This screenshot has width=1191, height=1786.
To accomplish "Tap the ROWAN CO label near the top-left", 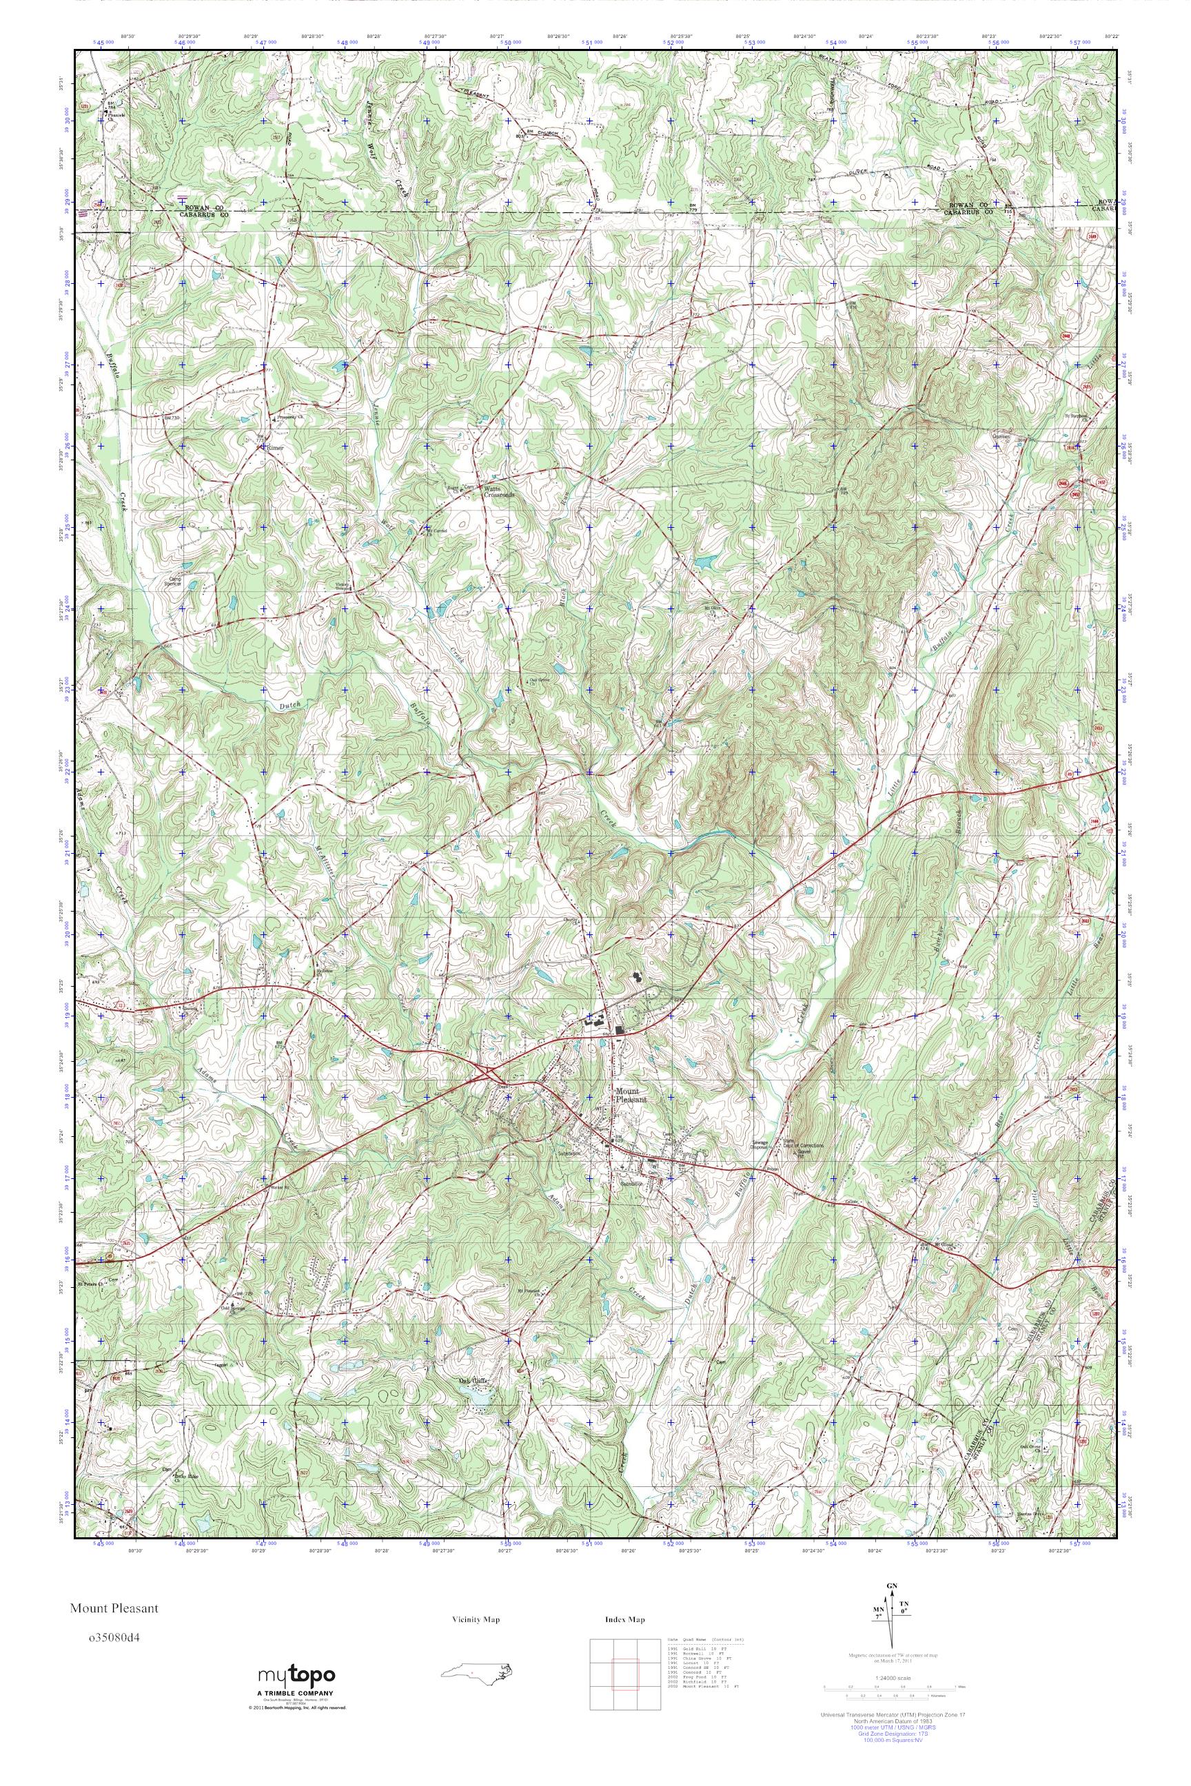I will click(200, 208).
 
